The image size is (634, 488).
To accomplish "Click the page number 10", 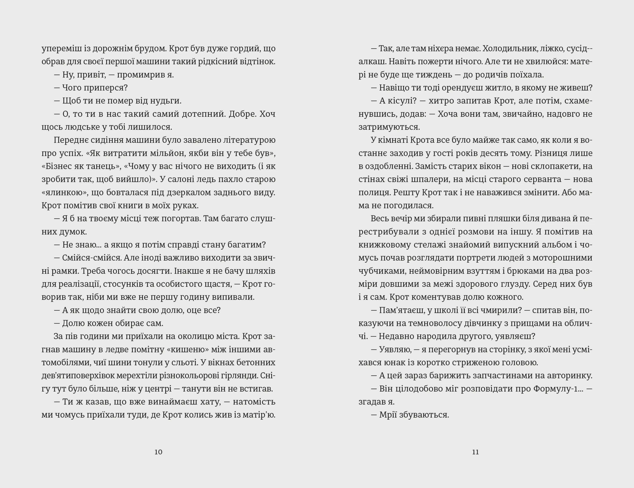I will (x=158, y=452).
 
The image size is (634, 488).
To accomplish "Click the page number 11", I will (x=475, y=452).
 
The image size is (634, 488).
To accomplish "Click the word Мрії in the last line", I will (x=388, y=415).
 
